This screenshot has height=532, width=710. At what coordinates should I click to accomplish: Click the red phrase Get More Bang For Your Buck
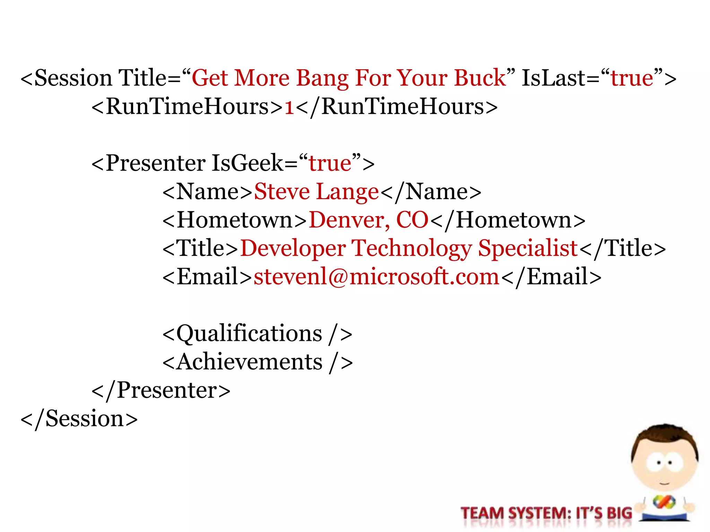(348, 78)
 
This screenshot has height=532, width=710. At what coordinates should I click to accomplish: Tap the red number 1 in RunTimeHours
(289, 107)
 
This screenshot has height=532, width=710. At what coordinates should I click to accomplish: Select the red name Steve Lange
(316, 192)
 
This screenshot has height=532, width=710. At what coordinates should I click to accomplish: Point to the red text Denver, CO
(369, 220)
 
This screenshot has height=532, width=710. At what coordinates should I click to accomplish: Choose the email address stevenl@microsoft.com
(376, 277)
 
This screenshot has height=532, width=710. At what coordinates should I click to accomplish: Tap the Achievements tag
(257, 362)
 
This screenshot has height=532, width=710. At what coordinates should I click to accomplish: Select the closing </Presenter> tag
(161, 391)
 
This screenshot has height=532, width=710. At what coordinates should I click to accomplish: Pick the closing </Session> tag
(79, 419)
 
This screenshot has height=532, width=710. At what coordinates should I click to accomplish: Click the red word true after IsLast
(632, 78)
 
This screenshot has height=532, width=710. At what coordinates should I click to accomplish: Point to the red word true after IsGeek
(330, 163)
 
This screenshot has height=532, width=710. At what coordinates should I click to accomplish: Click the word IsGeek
(248, 163)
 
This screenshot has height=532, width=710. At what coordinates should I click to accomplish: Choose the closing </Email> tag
(551, 277)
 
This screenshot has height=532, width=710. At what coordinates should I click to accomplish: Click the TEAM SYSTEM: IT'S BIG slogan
(546, 513)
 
